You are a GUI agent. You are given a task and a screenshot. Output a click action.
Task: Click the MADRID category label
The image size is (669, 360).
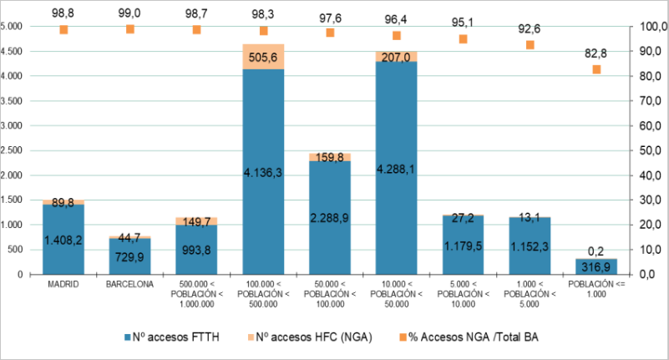63,285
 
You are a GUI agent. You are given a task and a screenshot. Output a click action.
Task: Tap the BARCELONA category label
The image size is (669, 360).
130,285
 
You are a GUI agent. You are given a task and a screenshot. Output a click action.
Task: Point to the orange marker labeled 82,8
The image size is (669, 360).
596,69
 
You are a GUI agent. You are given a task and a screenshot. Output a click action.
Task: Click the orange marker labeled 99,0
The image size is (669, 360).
130,29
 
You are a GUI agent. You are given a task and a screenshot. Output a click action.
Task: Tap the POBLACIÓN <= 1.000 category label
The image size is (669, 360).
596,289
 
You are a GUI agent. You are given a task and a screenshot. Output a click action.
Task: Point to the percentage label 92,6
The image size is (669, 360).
530,28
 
